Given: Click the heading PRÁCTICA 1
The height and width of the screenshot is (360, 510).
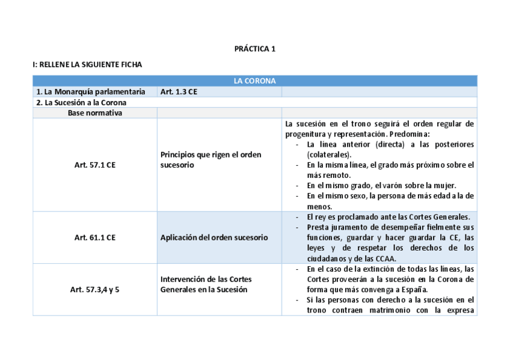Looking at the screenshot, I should click(254, 49).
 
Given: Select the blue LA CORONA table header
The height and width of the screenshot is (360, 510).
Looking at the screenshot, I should click(254, 81).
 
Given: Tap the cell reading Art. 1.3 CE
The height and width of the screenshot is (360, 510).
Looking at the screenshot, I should click(179, 92).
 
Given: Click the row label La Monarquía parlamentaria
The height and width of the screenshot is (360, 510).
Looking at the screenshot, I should click(90, 92).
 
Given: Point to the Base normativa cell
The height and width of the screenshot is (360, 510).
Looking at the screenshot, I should click(94, 112).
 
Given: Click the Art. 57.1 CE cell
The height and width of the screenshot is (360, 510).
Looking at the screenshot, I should click(94, 165).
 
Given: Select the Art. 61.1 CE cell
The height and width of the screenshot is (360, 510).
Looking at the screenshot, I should click(94, 237).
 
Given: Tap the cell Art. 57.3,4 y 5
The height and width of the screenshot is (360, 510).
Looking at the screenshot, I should click(94, 290).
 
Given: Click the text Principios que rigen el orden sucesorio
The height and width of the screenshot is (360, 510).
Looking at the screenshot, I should click(210, 159).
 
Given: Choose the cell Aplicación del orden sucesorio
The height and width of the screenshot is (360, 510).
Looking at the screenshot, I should click(214, 237).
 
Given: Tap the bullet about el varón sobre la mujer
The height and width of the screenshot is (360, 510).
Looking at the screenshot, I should click(381, 185).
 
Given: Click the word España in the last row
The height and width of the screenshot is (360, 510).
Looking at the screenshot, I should click(422, 289).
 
